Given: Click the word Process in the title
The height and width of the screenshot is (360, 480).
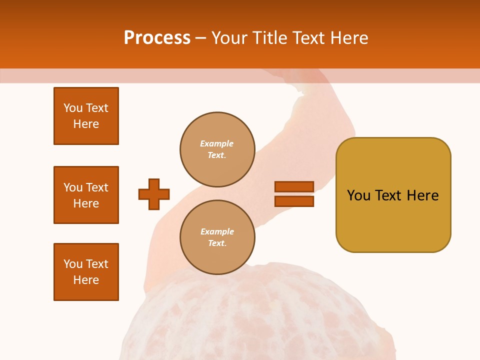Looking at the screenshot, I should tap(157, 38).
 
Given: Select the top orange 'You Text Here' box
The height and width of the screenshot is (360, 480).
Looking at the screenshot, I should tap(86, 116).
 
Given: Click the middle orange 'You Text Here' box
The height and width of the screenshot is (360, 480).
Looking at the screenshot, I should tap(86, 195).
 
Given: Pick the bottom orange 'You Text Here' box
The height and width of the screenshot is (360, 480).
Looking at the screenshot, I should tap(86, 272).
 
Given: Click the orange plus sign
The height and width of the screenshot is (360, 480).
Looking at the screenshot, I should tap(154, 194).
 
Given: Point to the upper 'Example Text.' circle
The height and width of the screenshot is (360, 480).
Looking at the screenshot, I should tap(217, 149).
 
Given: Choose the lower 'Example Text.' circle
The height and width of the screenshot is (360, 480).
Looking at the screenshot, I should tap(217, 237).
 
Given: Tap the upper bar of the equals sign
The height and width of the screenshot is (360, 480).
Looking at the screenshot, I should tap(294, 186).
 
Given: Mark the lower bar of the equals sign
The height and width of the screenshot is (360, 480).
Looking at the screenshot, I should tap(294, 201).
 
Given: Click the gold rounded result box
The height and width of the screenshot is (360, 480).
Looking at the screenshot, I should tap(393, 195).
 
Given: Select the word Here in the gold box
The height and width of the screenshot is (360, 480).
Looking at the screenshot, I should tap(422, 195).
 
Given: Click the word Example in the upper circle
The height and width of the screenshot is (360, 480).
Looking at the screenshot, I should tap(216, 143).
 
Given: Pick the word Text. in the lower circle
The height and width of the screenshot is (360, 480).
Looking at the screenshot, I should tap(217, 243).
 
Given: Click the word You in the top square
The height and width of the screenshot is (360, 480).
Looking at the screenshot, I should tap(73, 108).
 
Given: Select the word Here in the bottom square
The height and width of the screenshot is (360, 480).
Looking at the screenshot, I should tap(86, 280).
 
